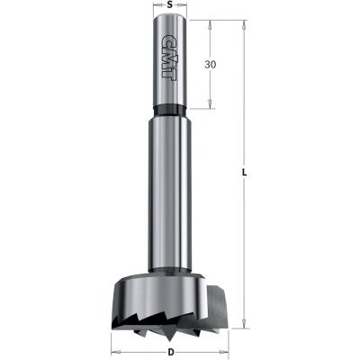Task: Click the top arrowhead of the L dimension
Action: pyautogui.click(x=244, y=22)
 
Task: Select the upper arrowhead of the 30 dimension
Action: pyautogui.click(x=211, y=22)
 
